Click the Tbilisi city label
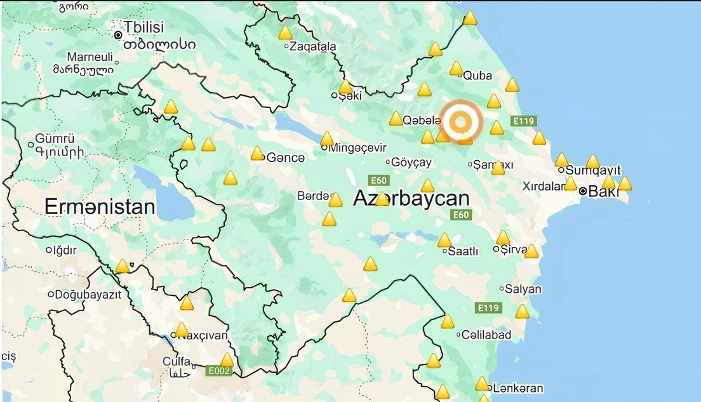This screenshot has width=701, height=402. (x=145, y=27)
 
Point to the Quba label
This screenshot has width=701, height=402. (x=477, y=76)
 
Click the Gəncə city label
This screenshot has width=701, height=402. (x=286, y=157)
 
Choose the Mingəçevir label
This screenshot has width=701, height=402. (x=357, y=147)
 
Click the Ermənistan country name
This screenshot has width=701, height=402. (x=100, y=206)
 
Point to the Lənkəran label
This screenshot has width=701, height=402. (x=518, y=388)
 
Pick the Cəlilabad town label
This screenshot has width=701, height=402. (x=486, y=335)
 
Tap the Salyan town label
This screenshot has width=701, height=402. (x=523, y=289)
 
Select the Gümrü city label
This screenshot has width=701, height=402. (x=55, y=138)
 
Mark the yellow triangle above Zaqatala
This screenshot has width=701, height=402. (x=285, y=32)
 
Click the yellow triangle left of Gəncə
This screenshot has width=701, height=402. (x=257, y=154)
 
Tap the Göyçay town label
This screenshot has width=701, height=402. (x=411, y=162)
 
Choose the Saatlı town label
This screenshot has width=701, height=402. (x=463, y=251)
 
